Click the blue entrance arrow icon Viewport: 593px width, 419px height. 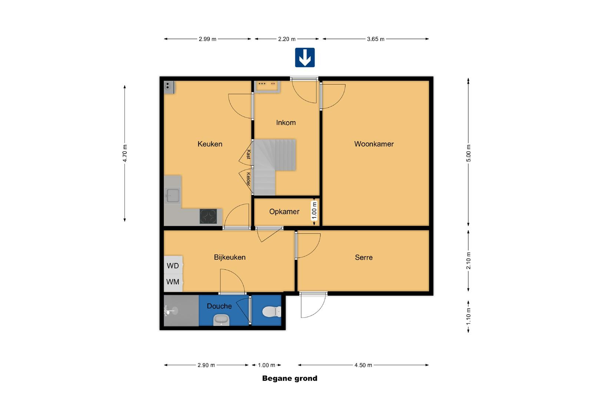305,57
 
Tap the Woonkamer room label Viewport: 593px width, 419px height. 374,144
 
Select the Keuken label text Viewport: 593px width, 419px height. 210,144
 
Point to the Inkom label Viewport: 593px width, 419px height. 286,123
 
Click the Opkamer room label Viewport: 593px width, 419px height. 284,212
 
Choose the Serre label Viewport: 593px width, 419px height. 364,257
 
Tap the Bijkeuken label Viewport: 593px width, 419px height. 229,257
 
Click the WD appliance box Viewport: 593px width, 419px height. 173,265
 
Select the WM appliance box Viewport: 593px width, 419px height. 173,282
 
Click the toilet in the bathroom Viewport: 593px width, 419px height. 272,312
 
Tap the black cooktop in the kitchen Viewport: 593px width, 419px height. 208,216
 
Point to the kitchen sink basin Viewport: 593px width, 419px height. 173,196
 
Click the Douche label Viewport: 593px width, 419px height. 219,306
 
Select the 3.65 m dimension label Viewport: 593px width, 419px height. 375,39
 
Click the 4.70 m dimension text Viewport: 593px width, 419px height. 125,153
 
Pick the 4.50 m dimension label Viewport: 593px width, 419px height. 363,365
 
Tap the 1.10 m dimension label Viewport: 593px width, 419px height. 468,316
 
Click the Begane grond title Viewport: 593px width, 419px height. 289,378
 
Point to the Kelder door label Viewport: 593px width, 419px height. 248,179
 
